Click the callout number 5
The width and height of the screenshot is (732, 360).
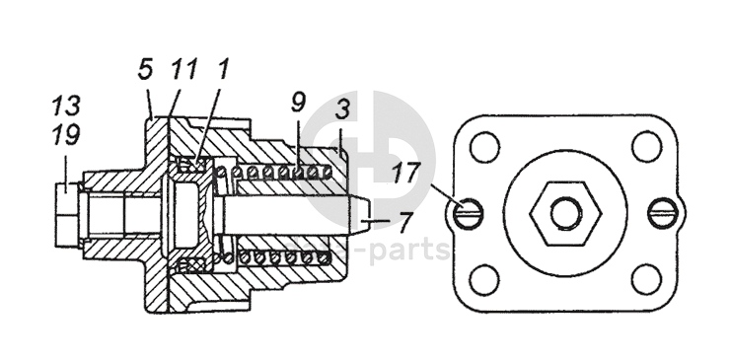[146, 69]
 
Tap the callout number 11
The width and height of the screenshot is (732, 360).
[183, 69]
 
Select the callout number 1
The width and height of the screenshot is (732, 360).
[223, 69]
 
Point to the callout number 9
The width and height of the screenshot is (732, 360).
[299, 103]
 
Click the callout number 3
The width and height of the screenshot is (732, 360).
[343, 109]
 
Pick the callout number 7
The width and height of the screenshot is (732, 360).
[405, 222]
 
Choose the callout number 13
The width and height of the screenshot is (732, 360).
[66, 106]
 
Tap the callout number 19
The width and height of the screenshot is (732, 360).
[66, 135]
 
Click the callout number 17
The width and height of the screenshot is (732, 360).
[406, 173]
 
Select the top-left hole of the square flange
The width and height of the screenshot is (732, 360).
[484, 147]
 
